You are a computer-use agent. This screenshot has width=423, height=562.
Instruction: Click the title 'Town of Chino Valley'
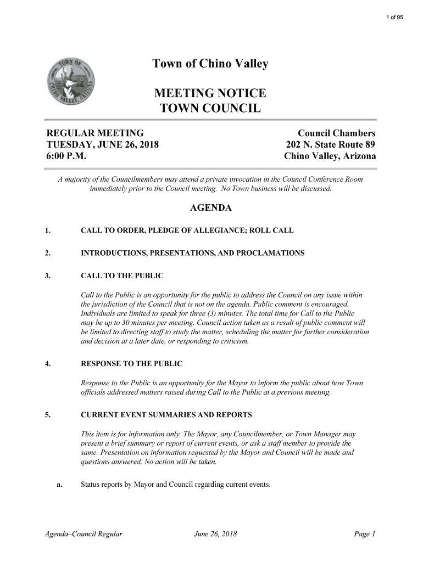[210, 64]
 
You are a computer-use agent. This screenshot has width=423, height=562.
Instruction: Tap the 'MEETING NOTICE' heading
[210, 92]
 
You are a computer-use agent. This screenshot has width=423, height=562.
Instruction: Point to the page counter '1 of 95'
[394, 18]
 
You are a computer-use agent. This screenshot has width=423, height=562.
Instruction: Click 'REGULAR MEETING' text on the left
[94, 133]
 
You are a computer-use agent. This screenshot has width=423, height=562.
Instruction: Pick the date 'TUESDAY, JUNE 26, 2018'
[102, 145]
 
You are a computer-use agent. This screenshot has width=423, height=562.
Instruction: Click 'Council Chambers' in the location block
[336, 133]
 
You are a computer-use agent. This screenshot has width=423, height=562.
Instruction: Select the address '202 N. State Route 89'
[331, 145]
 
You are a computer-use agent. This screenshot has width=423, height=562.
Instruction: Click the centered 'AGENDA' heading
[210, 209]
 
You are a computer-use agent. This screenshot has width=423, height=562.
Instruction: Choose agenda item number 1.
[48, 231]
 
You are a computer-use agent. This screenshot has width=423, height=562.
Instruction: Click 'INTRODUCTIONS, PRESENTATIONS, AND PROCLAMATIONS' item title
[192, 253]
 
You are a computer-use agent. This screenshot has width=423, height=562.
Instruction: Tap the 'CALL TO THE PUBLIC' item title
[122, 276]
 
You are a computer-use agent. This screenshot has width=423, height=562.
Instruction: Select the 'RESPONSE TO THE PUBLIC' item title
[131, 364]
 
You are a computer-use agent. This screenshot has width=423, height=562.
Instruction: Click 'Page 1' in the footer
[364, 533]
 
